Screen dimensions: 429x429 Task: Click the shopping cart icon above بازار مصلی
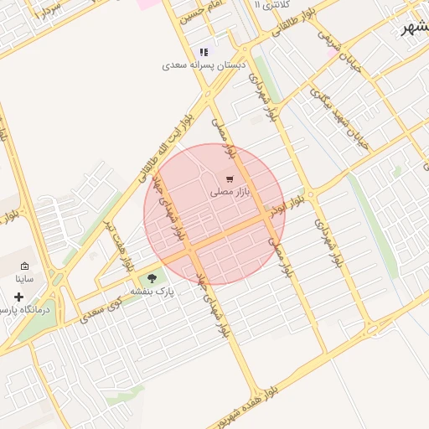pyautogui.click(x=230, y=179)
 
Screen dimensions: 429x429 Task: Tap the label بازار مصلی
pyautogui.click(x=230, y=192)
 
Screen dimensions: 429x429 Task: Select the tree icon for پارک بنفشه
pyautogui.click(x=152, y=278)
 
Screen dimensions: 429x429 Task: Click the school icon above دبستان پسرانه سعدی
pyautogui.click(x=204, y=52)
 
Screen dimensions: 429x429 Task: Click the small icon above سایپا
pyautogui.click(x=24, y=266)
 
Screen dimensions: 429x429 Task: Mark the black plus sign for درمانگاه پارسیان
pyautogui.click(x=18, y=297)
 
